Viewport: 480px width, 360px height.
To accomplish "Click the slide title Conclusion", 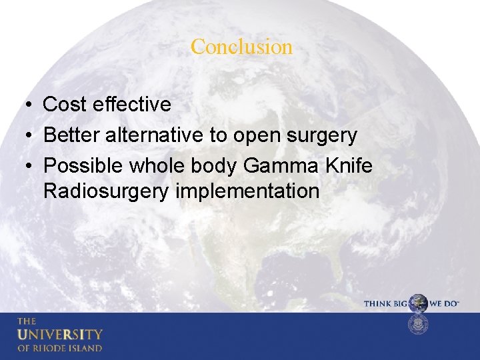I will (241, 47).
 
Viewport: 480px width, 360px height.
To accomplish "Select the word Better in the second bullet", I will (72, 136).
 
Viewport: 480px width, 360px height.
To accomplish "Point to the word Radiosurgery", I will (107, 192).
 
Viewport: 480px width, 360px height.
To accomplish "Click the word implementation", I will (248, 192).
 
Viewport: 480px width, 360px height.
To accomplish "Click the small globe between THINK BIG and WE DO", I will (418, 303).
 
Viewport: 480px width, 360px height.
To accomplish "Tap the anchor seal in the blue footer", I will (418, 325).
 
